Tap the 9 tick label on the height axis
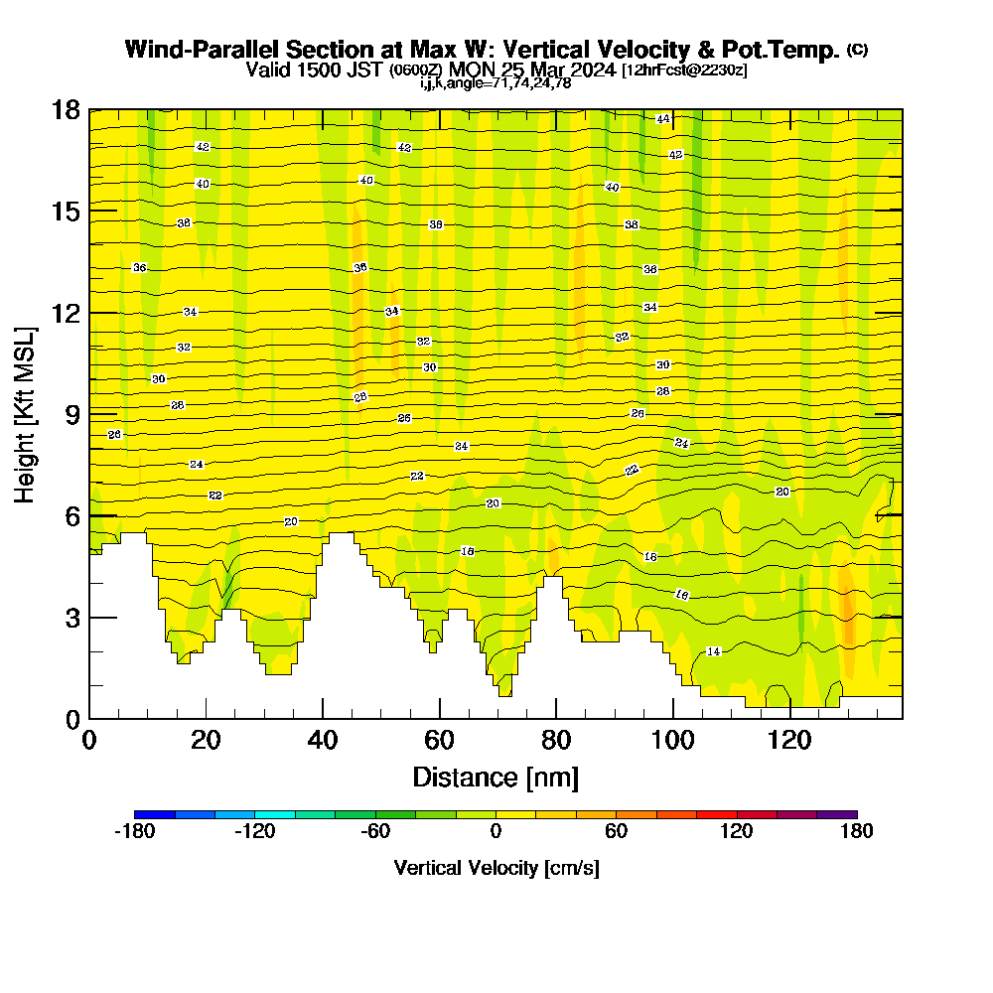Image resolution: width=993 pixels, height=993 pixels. (x=71, y=414)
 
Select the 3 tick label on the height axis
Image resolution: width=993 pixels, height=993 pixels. (x=71, y=618)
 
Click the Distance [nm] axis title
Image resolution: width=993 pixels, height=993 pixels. (x=496, y=777)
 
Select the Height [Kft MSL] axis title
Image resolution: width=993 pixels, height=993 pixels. (x=26, y=414)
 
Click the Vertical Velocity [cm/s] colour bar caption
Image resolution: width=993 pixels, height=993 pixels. (x=496, y=868)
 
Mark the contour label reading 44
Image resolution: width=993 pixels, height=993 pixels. (x=663, y=119)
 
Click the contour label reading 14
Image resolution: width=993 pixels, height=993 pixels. (x=713, y=651)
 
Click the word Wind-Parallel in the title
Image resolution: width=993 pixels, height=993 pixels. (x=198, y=50)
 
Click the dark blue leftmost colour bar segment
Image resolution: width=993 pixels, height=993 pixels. (x=154, y=814)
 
